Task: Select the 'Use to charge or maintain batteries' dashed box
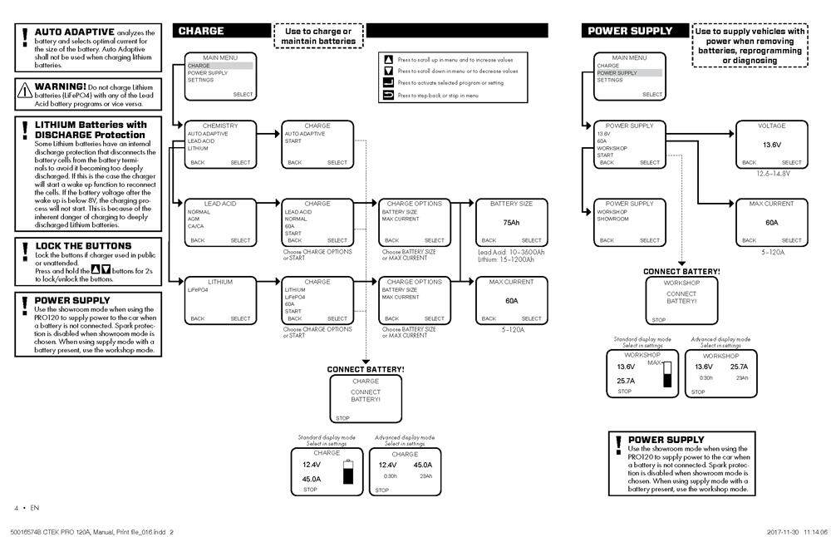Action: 318,37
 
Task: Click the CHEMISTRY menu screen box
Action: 220,144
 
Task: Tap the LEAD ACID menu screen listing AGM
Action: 220,222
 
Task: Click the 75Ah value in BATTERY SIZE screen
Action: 510,223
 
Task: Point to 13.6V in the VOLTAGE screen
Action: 772,144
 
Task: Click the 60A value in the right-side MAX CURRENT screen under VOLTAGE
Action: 772,223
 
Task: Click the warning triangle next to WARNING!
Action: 25,88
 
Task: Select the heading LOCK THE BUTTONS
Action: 83,246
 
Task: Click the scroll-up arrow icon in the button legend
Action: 387,60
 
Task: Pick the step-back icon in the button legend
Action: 387,96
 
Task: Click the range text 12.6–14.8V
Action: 771,173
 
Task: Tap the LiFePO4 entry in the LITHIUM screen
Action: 198,290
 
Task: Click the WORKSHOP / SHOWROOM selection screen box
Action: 629,222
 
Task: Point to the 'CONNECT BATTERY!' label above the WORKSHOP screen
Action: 681,271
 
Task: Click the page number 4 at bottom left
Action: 16,507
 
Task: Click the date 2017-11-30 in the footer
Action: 784,530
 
